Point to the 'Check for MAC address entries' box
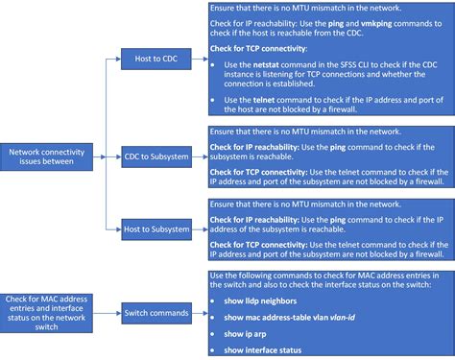click(x=46, y=285)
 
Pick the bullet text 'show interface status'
click(x=263, y=349)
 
